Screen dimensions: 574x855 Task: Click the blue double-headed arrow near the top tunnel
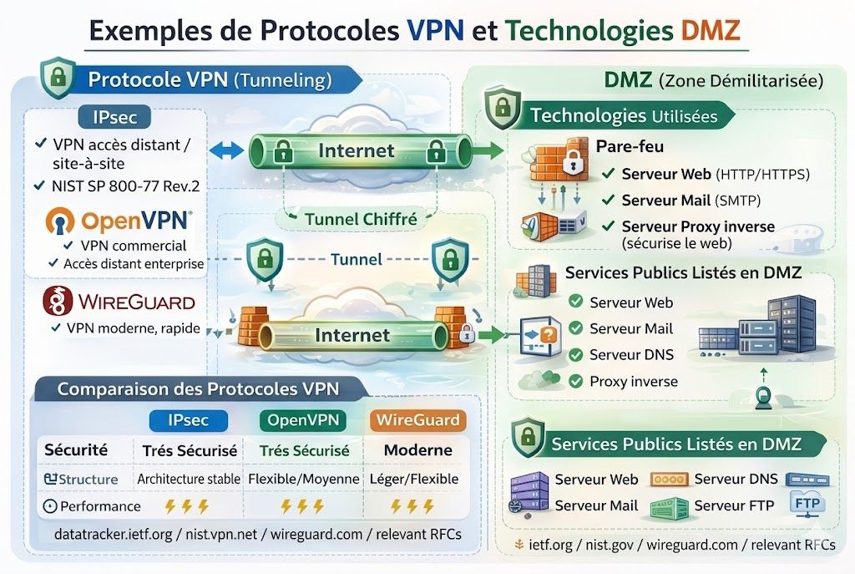[x=225, y=151]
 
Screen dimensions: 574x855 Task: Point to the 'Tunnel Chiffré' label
[x=360, y=219]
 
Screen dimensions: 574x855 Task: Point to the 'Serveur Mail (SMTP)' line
[x=691, y=201]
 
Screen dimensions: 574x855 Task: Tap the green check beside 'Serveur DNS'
[x=575, y=354]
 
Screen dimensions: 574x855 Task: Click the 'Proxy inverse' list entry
[x=634, y=381]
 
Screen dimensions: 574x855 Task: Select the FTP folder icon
[x=807, y=505]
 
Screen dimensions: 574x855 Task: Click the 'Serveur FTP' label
[x=734, y=505]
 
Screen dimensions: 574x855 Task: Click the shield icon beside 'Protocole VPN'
[x=58, y=80]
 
